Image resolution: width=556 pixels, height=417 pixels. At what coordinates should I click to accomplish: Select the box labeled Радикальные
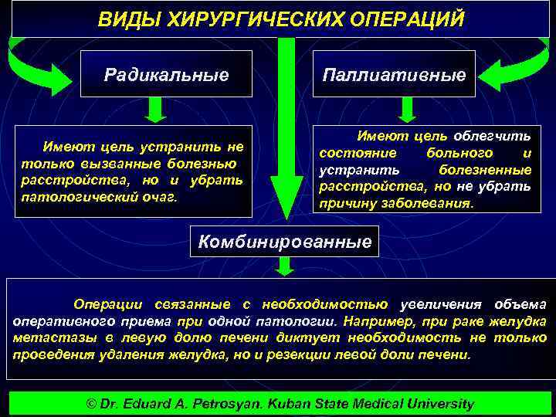coord(167,75)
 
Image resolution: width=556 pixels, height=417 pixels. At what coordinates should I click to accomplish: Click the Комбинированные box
coord(285,242)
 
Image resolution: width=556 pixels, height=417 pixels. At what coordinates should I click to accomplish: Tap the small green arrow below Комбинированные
coord(285,266)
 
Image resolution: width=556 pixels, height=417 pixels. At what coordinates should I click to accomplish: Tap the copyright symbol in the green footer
coord(90,404)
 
